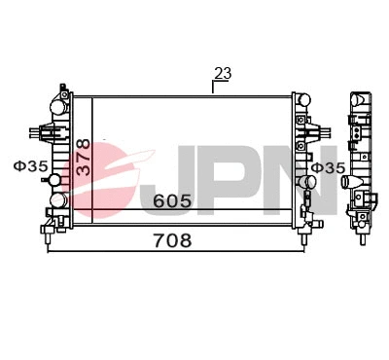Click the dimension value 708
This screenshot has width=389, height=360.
point(171,239)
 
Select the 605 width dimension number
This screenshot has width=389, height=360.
point(171,201)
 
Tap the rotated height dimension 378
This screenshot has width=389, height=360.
point(84,156)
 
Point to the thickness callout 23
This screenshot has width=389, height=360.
point(223,73)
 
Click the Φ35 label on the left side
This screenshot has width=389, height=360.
point(29,167)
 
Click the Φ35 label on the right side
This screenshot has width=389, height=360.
point(328,167)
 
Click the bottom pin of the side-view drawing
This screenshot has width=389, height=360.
point(362,234)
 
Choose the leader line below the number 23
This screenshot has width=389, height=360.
point(214,87)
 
